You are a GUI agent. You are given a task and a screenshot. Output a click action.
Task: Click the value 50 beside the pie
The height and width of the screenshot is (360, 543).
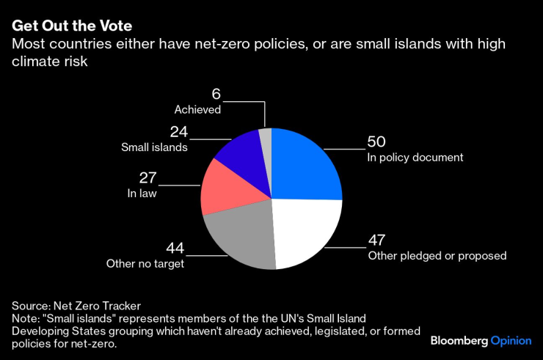pos(376,142)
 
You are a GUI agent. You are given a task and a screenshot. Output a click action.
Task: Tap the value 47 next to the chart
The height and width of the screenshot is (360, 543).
pos(376,240)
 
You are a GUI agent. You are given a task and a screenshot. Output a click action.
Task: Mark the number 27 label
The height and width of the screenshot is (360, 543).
pos(148,178)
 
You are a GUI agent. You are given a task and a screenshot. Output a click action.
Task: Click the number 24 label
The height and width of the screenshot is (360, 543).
pos(178,133)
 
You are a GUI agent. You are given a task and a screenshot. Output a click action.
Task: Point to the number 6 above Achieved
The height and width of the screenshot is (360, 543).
pos(216,95)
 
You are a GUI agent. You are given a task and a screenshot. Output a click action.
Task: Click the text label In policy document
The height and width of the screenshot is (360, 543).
pos(415,157)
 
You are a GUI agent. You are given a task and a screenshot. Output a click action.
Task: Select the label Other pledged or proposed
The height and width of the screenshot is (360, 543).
pos(437,255)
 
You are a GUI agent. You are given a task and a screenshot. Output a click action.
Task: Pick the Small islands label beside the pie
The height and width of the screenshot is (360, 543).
pos(154,147)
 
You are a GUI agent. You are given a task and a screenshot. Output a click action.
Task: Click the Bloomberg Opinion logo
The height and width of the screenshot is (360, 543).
pos(481,341)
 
